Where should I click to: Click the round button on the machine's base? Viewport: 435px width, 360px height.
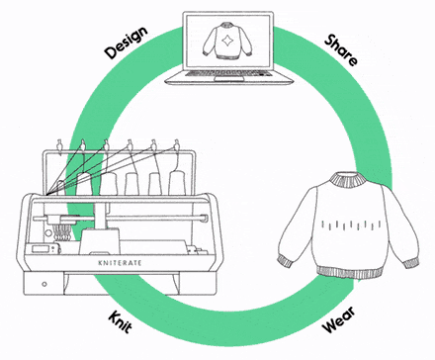tap(42, 285)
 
